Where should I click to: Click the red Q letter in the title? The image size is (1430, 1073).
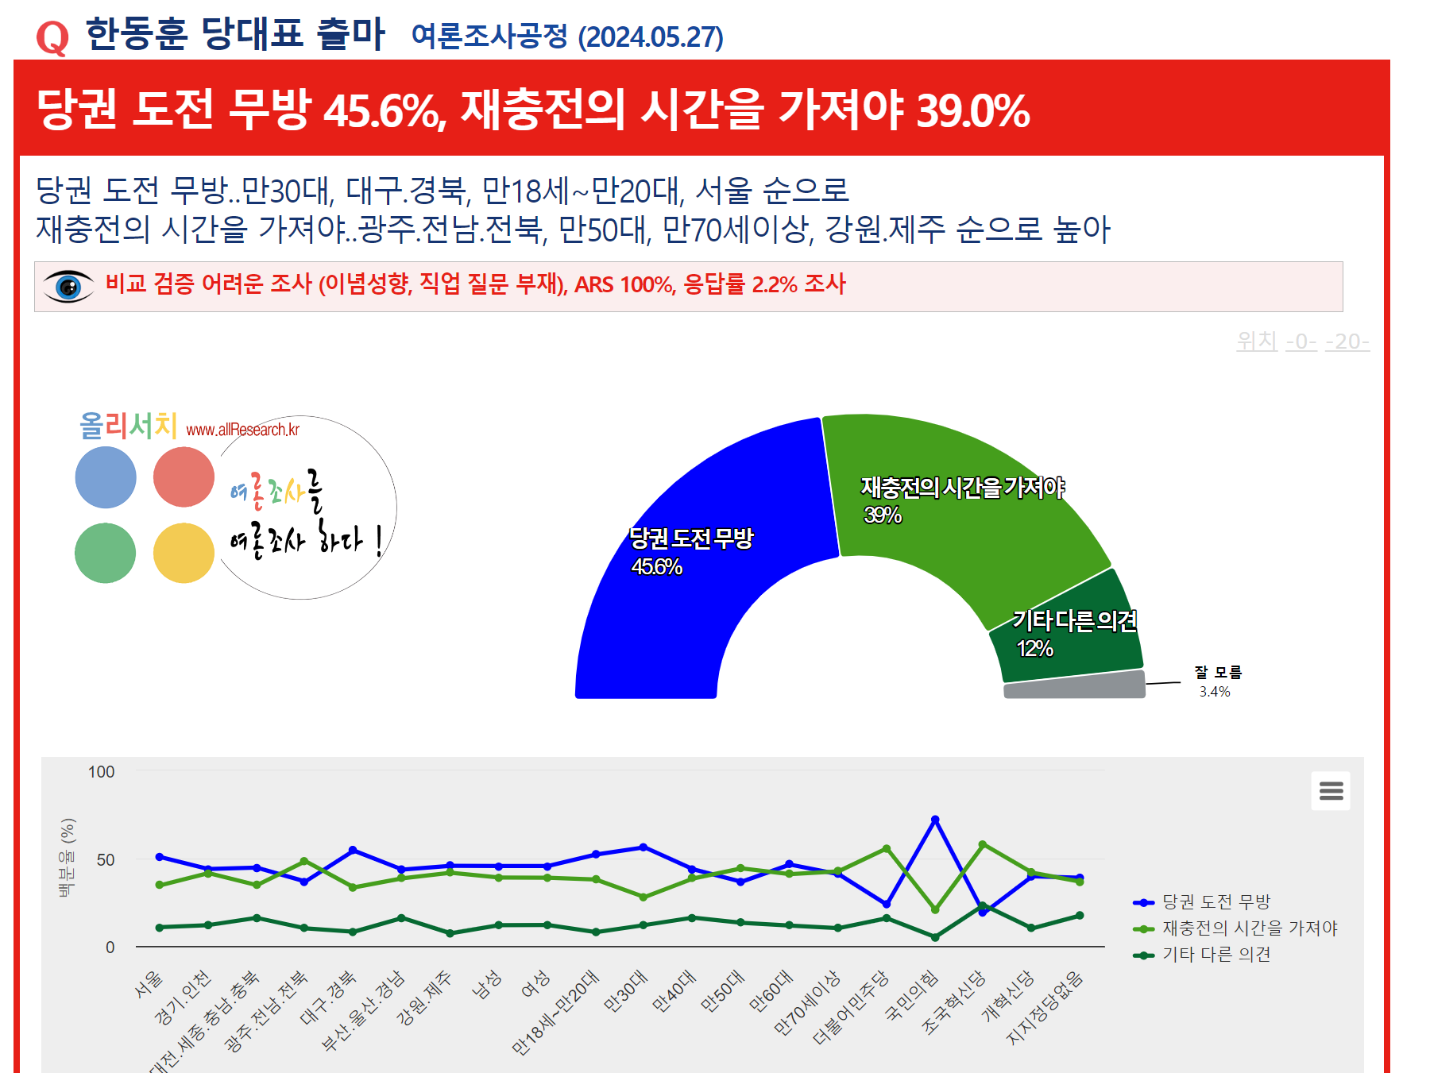point(52,37)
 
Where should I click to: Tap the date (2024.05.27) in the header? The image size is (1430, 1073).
point(651,37)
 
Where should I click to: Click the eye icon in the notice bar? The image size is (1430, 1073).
point(68,286)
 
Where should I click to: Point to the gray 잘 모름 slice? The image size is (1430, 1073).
point(1074,685)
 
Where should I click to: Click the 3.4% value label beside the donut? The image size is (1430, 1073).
point(1215,692)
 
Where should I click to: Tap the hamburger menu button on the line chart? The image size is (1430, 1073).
point(1331,791)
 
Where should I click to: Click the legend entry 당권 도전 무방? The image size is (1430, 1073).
point(1216,902)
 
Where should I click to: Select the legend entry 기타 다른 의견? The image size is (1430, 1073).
point(1216,955)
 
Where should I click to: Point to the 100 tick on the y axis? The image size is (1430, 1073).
point(101,772)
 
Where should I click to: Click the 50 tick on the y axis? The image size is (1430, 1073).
point(106,860)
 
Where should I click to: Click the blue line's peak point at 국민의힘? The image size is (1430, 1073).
point(935,820)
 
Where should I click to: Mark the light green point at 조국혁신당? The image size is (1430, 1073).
point(983,844)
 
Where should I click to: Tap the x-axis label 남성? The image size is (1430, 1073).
point(486,985)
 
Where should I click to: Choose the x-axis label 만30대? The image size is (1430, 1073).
point(626,991)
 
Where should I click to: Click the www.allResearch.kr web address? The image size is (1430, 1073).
point(242,430)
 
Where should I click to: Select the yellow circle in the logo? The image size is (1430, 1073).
point(184,553)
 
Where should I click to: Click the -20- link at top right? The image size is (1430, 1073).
point(1347,342)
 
